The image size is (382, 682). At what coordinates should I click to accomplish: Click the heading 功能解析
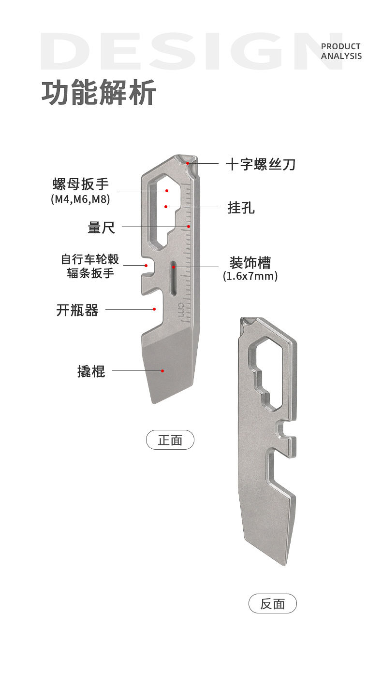pos(99,93)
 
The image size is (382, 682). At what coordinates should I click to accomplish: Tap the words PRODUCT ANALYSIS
pos(341,51)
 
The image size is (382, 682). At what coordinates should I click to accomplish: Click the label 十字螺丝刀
pos(261,164)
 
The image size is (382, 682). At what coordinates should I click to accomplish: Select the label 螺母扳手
pos(81,184)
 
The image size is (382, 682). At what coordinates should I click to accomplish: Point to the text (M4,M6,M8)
pos(81,199)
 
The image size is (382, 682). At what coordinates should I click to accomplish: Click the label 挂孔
pos(241,208)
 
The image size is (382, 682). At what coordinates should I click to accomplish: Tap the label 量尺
pos(102,227)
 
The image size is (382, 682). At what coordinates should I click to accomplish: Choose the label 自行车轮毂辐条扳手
pos(90,266)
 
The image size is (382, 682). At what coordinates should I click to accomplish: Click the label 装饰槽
pos(250,263)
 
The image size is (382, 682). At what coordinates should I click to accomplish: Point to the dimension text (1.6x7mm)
pos(250,277)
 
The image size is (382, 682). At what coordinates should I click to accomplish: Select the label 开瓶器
pos(77,310)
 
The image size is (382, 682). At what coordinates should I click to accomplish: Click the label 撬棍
pos(91,371)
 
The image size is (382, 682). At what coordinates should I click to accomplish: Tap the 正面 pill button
pos(170,440)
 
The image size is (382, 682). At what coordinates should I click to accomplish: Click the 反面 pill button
pos(272,604)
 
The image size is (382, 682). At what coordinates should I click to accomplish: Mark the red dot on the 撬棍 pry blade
pos(163,371)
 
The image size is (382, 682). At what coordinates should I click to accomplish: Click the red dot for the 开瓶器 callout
pos(154,309)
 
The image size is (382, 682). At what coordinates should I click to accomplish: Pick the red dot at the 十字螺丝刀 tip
pos(188,164)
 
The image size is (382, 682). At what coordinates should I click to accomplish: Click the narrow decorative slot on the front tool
pos(173,277)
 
